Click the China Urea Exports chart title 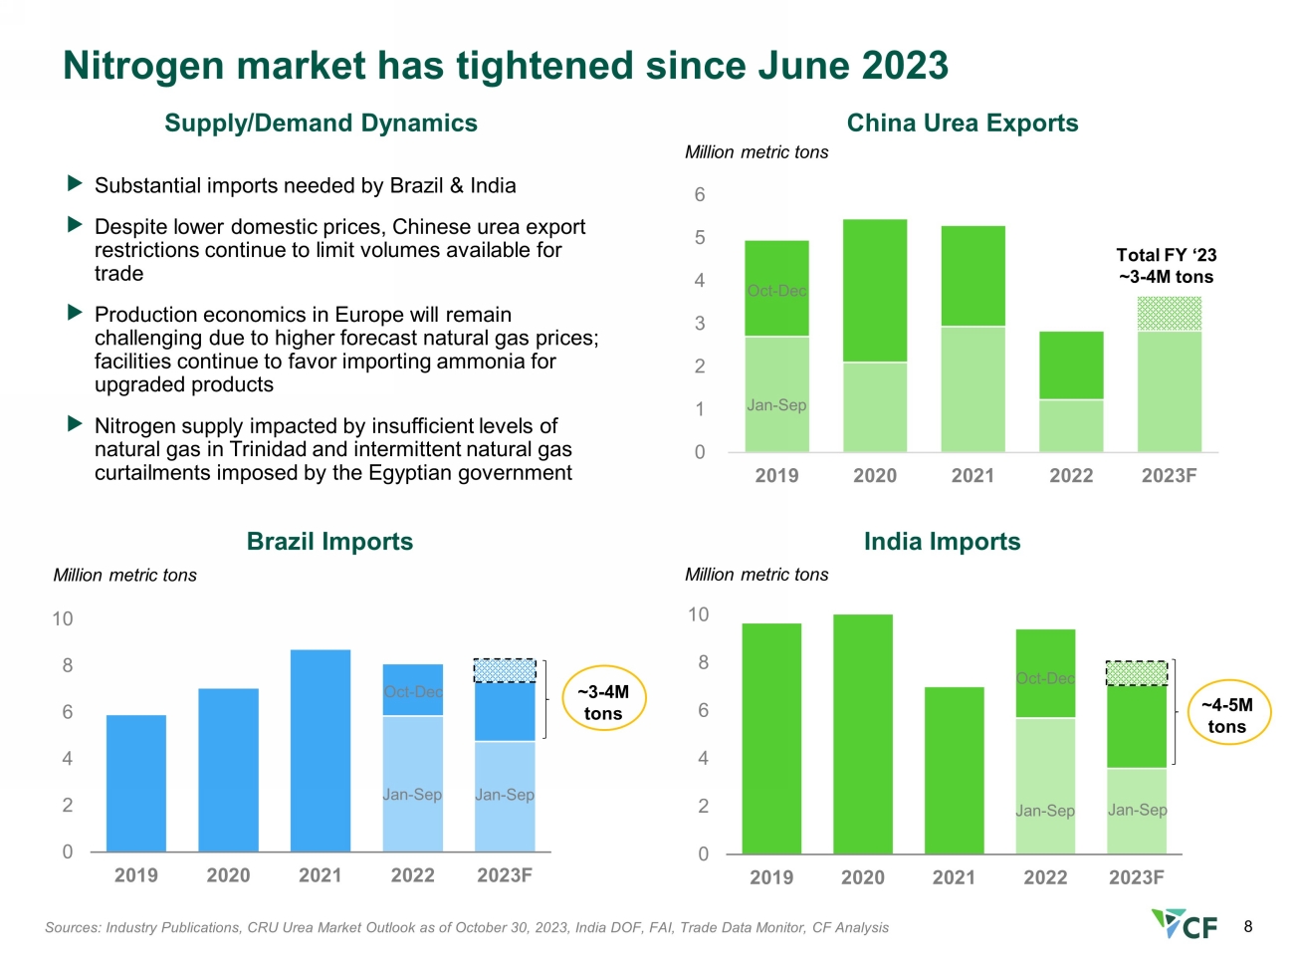[962, 123]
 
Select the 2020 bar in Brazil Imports [228, 770]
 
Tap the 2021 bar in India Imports [954, 770]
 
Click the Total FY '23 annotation [1166, 265]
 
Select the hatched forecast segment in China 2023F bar [1169, 314]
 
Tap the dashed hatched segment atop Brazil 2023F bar [505, 671]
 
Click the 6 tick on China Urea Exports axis [699, 194]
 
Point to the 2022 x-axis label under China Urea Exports [1071, 475]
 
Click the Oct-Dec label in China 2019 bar [776, 291]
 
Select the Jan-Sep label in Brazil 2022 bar [412, 794]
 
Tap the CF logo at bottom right [1184, 924]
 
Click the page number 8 [1247, 927]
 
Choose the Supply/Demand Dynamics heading [321, 123]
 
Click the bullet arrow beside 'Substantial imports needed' [75, 183]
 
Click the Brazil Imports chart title [329, 541]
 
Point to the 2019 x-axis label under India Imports [771, 877]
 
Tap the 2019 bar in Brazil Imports [136, 783]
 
